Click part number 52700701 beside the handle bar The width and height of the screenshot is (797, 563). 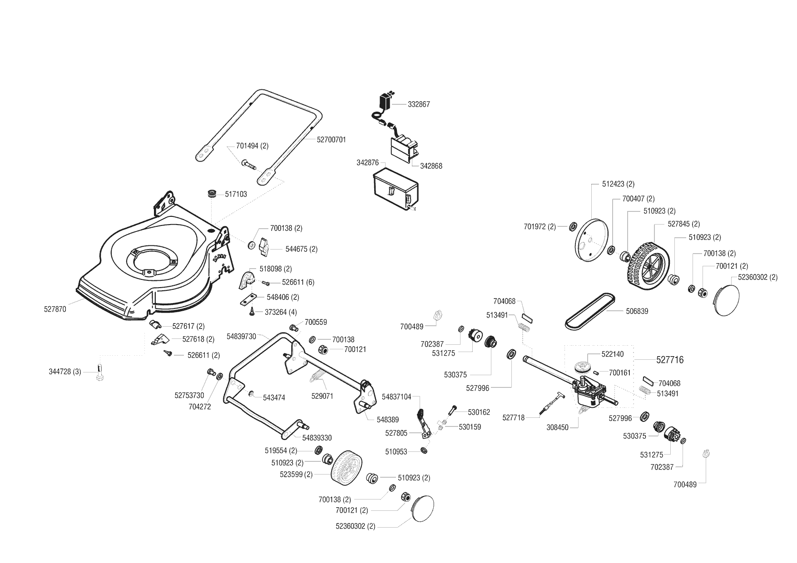331,140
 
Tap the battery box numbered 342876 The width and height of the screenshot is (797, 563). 395,191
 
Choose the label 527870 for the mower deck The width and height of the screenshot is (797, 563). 55,309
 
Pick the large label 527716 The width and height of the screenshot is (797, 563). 670,360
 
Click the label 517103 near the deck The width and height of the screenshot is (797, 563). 236,194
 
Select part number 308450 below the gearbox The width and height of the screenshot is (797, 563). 557,427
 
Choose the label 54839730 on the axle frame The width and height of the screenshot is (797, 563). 241,336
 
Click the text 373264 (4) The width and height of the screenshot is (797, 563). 281,312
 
